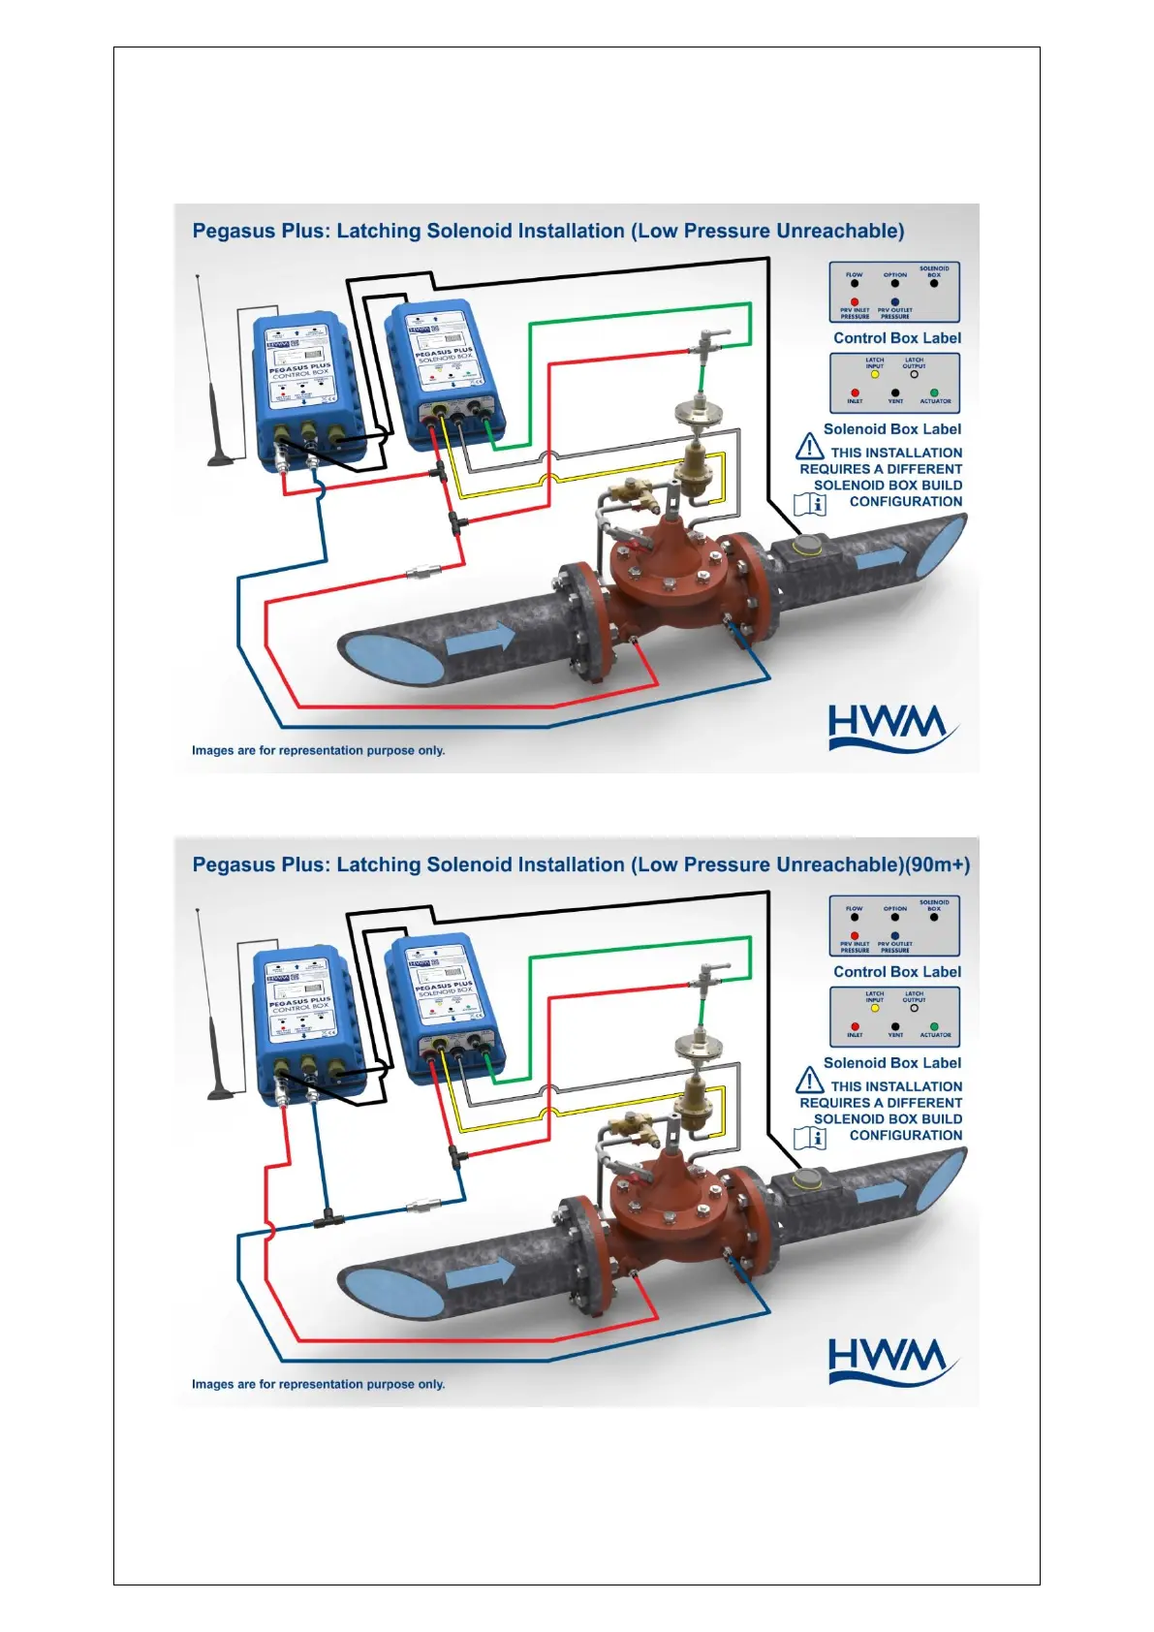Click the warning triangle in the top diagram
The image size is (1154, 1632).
click(809, 447)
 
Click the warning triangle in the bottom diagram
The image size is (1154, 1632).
click(809, 1081)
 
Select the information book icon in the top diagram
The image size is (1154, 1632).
click(810, 504)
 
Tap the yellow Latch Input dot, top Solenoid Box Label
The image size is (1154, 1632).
click(874, 374)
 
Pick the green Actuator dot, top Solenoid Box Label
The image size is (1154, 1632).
click(934, 392)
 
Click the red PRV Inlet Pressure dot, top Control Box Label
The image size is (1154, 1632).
click(855, 301)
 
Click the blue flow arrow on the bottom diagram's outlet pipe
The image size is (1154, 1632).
click(882, 1190)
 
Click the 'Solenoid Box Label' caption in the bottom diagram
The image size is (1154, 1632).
click(892, 1063)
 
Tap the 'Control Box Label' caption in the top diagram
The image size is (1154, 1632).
click(897, 338)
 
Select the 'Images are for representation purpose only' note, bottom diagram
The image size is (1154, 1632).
click(318, 1384)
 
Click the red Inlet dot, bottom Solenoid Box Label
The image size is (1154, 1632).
click(855, 1026)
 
